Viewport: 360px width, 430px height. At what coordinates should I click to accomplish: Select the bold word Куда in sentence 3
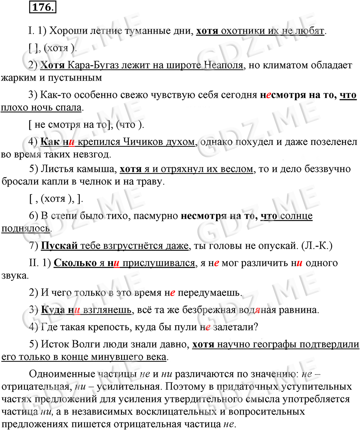tap(52, 311)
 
